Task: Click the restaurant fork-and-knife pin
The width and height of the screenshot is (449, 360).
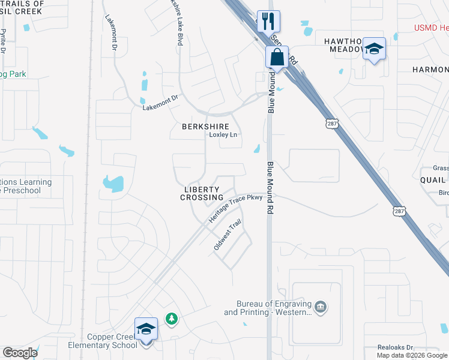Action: (268, 22)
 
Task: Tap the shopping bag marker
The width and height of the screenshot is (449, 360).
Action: (277, 58)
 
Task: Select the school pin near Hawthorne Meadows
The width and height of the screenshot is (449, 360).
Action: (373, 50)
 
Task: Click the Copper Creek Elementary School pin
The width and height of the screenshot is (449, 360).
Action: (146, 329)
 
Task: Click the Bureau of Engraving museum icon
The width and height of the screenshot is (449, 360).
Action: (321, 307)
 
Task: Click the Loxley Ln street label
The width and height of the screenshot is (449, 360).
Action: (223, 135)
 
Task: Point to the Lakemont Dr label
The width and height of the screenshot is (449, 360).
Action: (160, 103)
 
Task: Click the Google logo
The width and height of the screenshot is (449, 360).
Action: (20, 353)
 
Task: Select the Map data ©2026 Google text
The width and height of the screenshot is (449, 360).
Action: (412, 355)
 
